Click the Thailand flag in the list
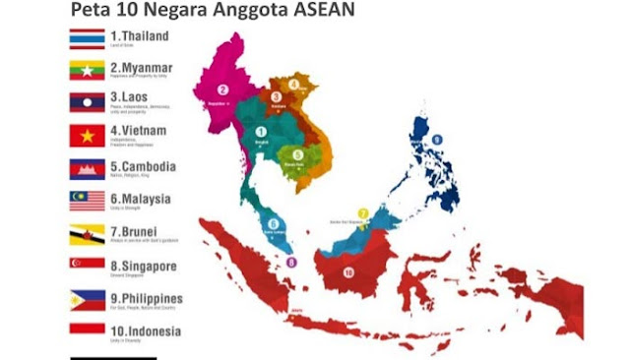[87, 38]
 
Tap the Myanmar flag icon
[87, 70]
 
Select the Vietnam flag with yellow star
[87, 135]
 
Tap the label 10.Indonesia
[145, 330]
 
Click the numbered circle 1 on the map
[261, 131]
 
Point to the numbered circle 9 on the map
[436, 140]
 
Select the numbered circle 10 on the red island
[348, 270]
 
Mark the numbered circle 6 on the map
[273, 223]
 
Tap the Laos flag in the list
[87, 102]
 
